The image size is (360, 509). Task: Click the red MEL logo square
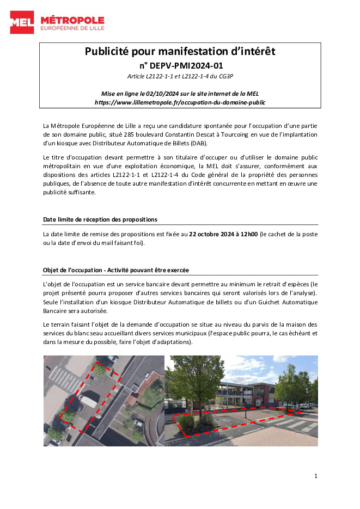pyautogui.click(x=22, y=22)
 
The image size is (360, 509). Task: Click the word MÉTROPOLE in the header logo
pyautogui.click(x=72, y=20)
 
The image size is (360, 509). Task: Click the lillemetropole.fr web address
pyautogui.click(x=180, y=102)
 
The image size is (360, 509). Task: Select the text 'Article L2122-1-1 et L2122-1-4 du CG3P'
pyautogui.click(x=180, y=76)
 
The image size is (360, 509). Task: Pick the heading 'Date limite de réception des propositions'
pyautogui.click(x=100, y=219)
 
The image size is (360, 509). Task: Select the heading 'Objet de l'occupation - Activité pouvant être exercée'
pyautogui.click(x=116, y=270)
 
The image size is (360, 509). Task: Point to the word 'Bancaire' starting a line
pyautogui.click(x=56, y=311)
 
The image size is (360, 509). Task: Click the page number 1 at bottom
pyautogui.click(x=315, y=476)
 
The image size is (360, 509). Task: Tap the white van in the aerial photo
pyautogui.click(x=88, y=402)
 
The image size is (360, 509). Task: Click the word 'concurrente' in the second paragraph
pyautogui.click(x=247, y=184)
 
